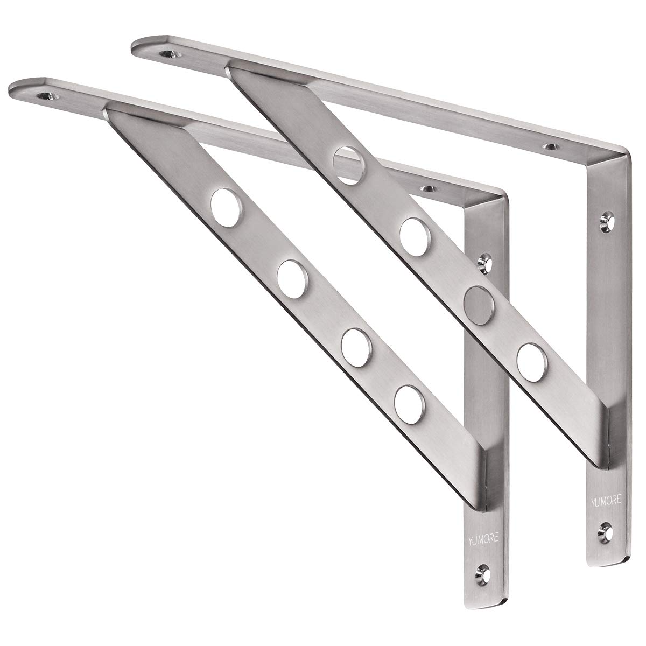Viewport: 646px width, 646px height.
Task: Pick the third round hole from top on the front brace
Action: pyautogui.click(x=354, y=341)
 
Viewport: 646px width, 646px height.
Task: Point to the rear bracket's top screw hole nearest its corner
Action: pyautogui.click(x=550, y=145)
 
